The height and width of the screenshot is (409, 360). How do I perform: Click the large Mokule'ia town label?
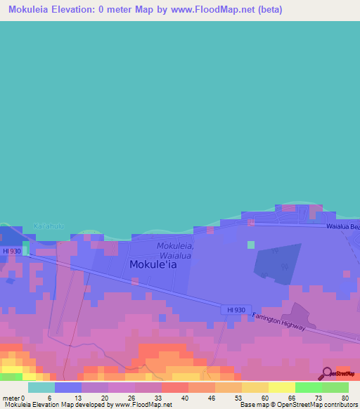(x=153, y=265)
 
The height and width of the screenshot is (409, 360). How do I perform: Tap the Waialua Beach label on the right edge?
(x=342, y=227)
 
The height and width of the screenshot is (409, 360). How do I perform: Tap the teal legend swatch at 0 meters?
(x=41, y=387)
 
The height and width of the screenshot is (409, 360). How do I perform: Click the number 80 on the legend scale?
(x=345, y=397)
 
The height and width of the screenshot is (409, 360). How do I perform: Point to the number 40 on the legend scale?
(x=184, y=397)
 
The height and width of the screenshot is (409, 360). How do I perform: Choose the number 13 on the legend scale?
(x=77, y=397)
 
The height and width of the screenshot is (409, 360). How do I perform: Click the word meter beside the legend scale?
(x=9, y=397)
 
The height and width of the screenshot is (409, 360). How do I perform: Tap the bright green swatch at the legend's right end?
(x=335, y=387)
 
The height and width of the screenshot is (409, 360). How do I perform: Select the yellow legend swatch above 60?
(x=255, y=387)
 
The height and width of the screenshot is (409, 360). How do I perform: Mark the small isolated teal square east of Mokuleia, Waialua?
(x=251, y=245)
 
